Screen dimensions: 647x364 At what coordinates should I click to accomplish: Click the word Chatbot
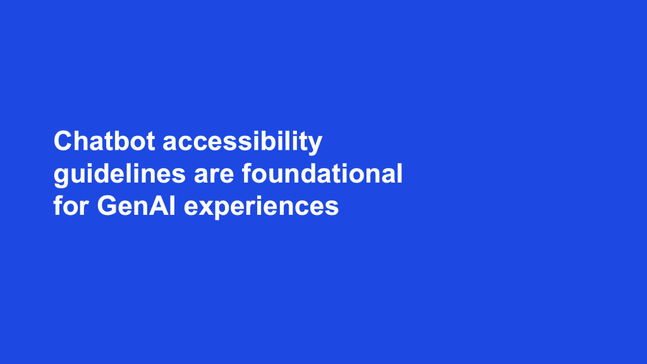point(104,141)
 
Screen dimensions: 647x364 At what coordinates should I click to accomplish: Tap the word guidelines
point(119,175)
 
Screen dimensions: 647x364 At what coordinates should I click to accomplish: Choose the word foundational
point(322,173)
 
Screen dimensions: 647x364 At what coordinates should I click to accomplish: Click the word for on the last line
point(71,205)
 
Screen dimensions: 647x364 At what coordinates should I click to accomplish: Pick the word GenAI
point(136,205)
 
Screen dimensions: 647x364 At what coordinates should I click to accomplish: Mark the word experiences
point(261,207)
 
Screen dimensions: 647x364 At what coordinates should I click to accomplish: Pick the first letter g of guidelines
point(61,178)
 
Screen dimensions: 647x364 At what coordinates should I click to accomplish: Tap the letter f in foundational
point(247,173)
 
